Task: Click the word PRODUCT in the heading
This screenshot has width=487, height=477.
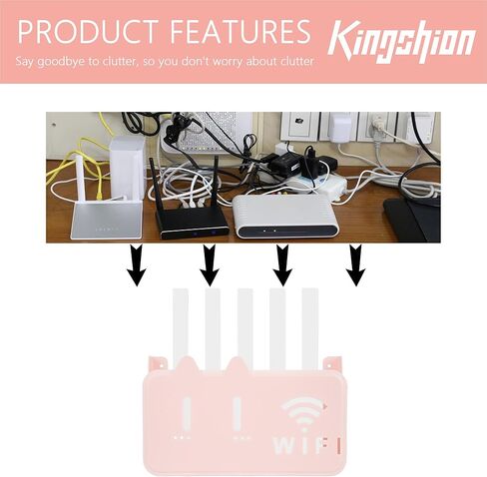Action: click(x=88, y=32)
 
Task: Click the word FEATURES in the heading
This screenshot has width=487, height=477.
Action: click(x=241, y=32)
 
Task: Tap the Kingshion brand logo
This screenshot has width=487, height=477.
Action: click(x=401, y=42)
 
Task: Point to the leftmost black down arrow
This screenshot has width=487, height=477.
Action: click(x=137, y=265)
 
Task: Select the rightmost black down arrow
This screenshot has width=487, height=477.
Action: click(x=356, y=265)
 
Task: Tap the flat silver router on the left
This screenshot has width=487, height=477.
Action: click(x=106, y=218)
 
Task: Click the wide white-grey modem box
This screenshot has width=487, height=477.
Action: click(x=284, y=217)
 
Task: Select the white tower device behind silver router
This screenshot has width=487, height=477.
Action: click(x=128, y=168)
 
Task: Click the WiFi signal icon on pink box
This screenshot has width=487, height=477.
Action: click(x=303, y=411)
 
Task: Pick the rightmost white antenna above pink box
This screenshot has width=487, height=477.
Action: click(x=309, y=329)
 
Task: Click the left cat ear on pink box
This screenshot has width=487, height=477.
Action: click(x=188, y=363)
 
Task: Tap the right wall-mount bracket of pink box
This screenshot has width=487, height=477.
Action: click(x=332, y=363)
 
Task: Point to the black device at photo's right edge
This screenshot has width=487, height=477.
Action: click(x=412, y=219)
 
